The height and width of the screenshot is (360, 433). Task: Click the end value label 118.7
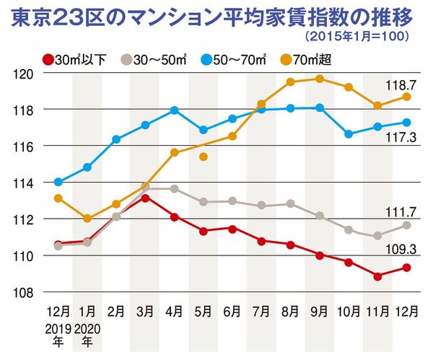(x=398, y=85)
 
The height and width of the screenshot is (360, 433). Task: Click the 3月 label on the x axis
(x=145, y=312)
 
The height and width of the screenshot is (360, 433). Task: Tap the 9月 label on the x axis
(x=318, y=312)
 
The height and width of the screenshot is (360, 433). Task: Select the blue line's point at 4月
(x=174, y=110)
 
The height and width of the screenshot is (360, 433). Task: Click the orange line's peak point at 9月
(x=319, y=79)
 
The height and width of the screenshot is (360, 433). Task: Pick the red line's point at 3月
(x=145, y=198)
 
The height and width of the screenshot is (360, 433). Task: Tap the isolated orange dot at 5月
(x=204, y=157)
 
